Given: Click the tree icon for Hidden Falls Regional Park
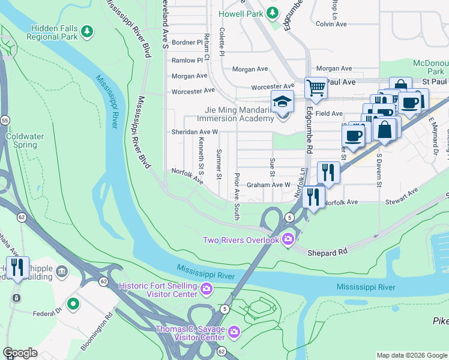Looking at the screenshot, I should click(x=88, y=30).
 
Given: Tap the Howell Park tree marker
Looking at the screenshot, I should click(x=273, y=12).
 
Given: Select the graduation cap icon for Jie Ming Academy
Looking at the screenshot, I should click(x=282, y=102).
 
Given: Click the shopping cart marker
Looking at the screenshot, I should click(x=315, y=88).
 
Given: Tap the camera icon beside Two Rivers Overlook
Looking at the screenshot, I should click(x=288, y=240).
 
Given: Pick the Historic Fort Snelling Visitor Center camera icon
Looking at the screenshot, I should click(x=206, y=289).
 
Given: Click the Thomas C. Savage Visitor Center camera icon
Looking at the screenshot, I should click(x=234, y=331).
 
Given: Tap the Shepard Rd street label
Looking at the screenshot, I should click(x=324, y=253).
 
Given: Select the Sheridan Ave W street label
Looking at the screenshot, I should click(x=194, y=131).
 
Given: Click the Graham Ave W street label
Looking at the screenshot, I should click(x=268, y=185).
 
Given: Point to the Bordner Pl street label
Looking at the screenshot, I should click(x=187, y=43).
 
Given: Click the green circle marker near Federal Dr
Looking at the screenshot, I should click(x=73, y=304).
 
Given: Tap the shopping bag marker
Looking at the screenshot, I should click(x=384, y=128).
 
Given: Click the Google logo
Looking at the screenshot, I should click(x=20, y=353).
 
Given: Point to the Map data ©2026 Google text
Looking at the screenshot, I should click(x=411, y=355).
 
